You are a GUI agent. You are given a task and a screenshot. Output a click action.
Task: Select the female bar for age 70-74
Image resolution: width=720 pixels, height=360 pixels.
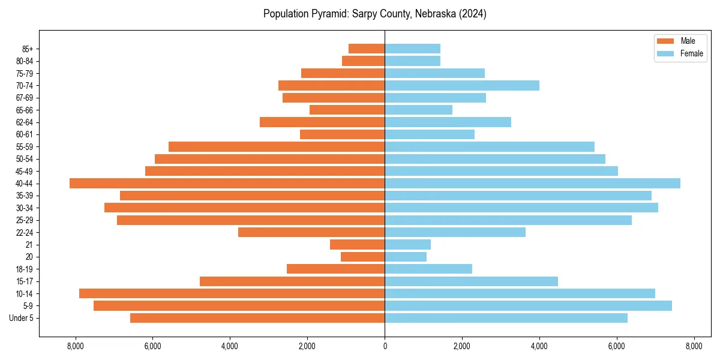pyautogui.click(x=462, y=85)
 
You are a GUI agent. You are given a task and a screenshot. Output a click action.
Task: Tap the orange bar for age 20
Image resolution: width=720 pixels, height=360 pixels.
pyautogui.click(x=362, y=257)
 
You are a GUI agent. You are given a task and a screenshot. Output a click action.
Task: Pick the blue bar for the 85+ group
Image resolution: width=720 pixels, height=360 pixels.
pyautogui.click(x=412, y=49)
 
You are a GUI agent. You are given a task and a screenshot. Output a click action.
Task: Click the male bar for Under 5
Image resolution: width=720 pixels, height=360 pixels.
pyautogui.click(x=257, y=318)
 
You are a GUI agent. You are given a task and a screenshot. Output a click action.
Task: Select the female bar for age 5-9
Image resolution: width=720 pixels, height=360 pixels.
pyautogui.click(x=528, y=305)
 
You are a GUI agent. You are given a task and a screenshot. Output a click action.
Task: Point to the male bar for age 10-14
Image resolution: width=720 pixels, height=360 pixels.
pyautogui.click(x=232, y=293)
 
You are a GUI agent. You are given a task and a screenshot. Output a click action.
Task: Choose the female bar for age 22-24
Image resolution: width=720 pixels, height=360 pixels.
pyautogui.click(x=455, y=232)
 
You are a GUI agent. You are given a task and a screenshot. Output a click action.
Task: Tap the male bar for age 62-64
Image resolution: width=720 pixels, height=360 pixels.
pyautogui.click(x=322, y=122)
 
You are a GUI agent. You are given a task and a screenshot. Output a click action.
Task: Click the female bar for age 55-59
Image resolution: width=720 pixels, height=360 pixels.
pyautogui.click(x=490, y=146)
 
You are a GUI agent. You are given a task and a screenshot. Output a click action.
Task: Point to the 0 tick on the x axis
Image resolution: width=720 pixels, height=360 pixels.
pyautogui.click(x=385, y=346)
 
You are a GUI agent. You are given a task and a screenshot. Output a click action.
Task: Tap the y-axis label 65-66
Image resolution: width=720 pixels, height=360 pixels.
pyautogui.click(x=25, y=110)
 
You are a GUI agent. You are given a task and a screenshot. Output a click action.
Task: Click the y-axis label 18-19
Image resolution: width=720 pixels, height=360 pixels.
pyautogui.click(x=25, y=269)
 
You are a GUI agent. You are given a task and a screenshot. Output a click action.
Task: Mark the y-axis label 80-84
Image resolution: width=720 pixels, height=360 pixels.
pyautogui.click(x=25, y=61)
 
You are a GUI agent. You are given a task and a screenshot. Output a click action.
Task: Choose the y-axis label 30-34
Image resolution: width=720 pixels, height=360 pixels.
pyautogui.click(x=25, y=208)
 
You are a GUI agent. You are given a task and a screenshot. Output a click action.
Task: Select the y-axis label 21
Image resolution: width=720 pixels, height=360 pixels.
pyautogui.click(x=29, y=245)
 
